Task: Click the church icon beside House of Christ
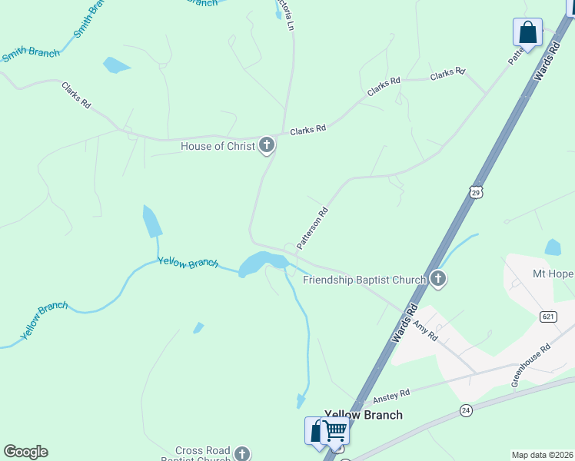point(266,144)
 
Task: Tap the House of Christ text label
point(218,146)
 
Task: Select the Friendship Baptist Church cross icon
point(438,279)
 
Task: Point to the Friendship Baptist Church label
point(364,280)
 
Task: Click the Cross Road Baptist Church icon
point(242,453)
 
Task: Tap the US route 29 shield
point(476,191)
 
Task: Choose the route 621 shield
point(548,317)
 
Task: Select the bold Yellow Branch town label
point(364,415)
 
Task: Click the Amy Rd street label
point(424,332)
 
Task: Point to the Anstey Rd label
point(391,396)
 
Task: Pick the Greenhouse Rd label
point(531,364)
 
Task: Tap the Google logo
point(25,452)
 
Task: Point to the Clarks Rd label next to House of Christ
point(307,130)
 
